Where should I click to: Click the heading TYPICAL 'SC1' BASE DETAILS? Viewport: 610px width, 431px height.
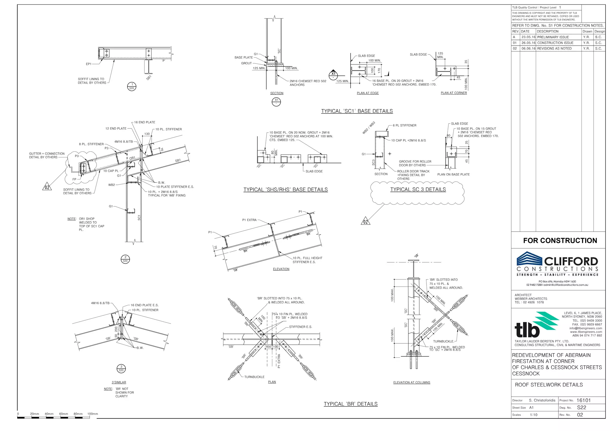tap(357, 111)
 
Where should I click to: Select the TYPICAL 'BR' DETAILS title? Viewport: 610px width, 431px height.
tap(351, 404)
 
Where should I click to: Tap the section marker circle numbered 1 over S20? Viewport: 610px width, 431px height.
tap(132, 86)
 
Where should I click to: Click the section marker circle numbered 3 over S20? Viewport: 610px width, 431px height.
tap(121, 369)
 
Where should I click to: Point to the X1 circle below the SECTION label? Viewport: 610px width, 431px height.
tap(276, 102)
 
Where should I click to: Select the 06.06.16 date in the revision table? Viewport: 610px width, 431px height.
tap(528, 49)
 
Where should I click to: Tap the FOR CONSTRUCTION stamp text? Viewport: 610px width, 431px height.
tap(560, 241)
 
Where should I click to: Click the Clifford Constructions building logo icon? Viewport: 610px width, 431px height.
tap(530, 258)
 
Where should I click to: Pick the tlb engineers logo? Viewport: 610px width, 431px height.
tap(536, 325)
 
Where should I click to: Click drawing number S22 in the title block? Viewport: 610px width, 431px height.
tap(581, 407)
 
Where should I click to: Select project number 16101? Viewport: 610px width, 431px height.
tap(583, 400)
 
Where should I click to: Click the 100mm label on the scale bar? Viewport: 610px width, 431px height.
tap(93, 414)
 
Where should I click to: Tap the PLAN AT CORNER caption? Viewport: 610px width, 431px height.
tap(454, 93)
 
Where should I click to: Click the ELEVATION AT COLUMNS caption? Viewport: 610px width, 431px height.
tap(412, 382)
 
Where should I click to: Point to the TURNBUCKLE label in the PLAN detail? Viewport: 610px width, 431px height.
tap(254, 377)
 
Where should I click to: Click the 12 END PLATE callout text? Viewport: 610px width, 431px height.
tap(116, 129)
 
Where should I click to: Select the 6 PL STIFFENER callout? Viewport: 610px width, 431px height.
tap(404, 125)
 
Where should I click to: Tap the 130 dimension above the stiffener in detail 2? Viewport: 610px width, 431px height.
tap(147, 134)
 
